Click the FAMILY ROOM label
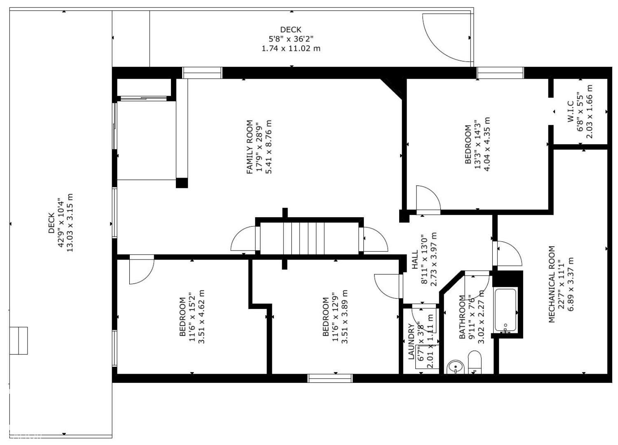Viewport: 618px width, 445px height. [250, 147]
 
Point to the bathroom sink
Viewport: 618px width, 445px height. [455, 366]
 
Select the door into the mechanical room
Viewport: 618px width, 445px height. [507, 253]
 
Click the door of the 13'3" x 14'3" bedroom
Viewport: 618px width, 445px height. [428, 200]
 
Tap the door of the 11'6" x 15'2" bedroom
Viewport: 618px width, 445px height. [141, 269]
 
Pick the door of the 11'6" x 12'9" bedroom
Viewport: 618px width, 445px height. [388, 286]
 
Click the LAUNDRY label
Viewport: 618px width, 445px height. [411, 342]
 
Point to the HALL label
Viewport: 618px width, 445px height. [415, 260]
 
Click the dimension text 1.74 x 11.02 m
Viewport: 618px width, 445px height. [291, 48]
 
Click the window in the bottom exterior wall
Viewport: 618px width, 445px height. [330, 378]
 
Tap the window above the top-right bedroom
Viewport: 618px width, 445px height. [500, 73]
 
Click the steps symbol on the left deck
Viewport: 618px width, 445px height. [19, 340]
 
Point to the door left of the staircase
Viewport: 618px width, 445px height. [244, 239]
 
